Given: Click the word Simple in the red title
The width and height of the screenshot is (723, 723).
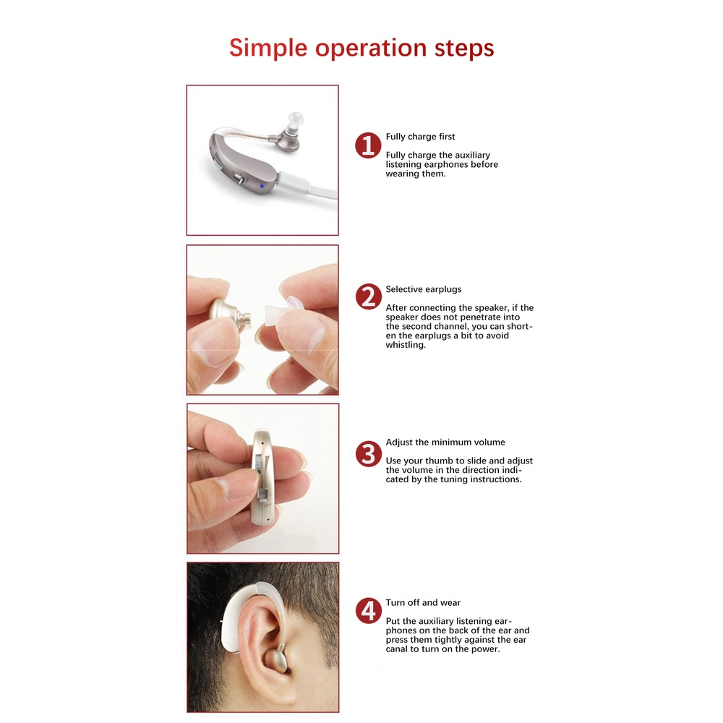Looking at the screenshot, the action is pos(268,48).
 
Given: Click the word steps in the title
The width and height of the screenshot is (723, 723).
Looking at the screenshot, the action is pos(464,48).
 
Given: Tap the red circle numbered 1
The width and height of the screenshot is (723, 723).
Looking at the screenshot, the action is pos(368,146).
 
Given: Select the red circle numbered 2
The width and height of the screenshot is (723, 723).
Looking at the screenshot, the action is pos(369,296).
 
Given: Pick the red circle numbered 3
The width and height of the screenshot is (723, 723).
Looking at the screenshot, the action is pos(369,454).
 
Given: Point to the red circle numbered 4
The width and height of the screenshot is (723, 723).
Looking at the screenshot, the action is pos(369,611).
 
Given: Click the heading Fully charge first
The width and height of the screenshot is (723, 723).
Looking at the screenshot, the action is pos(420,137).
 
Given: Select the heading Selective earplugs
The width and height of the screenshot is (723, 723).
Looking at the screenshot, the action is pos(423,290).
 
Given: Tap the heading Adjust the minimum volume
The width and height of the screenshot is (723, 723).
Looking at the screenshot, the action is pos(445,442).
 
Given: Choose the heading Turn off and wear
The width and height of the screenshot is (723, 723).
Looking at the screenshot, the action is pos(423,603).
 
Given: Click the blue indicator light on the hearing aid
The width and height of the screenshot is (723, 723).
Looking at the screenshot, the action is pos(262,187).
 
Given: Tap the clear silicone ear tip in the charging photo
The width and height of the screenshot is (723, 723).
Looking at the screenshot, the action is pos(295,121).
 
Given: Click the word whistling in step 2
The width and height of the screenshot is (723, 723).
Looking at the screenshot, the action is pos(406,345).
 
